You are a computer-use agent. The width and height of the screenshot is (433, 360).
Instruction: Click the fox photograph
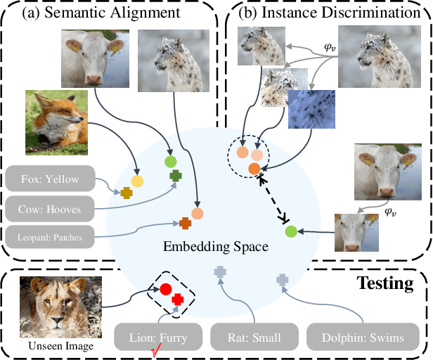pyautogui.click(x=56, y=122)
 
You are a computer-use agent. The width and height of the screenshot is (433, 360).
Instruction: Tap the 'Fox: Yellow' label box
pyautogui.click(x=51, y=179)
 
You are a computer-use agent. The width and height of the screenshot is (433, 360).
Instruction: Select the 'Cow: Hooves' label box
pyautogui.click(x=51, y=209)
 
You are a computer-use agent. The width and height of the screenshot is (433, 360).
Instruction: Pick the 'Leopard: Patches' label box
pyautogui.click(x=51, y=237)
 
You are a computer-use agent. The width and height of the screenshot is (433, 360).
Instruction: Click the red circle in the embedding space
pyautogui.click(x=166, y=288)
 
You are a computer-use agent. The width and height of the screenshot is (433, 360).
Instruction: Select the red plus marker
pyautogui.click(x=177, y=300)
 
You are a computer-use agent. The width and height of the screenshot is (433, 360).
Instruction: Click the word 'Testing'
pyautogui.click(x=385, y=283)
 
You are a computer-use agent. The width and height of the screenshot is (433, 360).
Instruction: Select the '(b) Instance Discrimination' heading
pyautogui.click(x=329, y=13)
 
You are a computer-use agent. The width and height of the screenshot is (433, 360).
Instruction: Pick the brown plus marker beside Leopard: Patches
pyautogui.click(x=185, y=224)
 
